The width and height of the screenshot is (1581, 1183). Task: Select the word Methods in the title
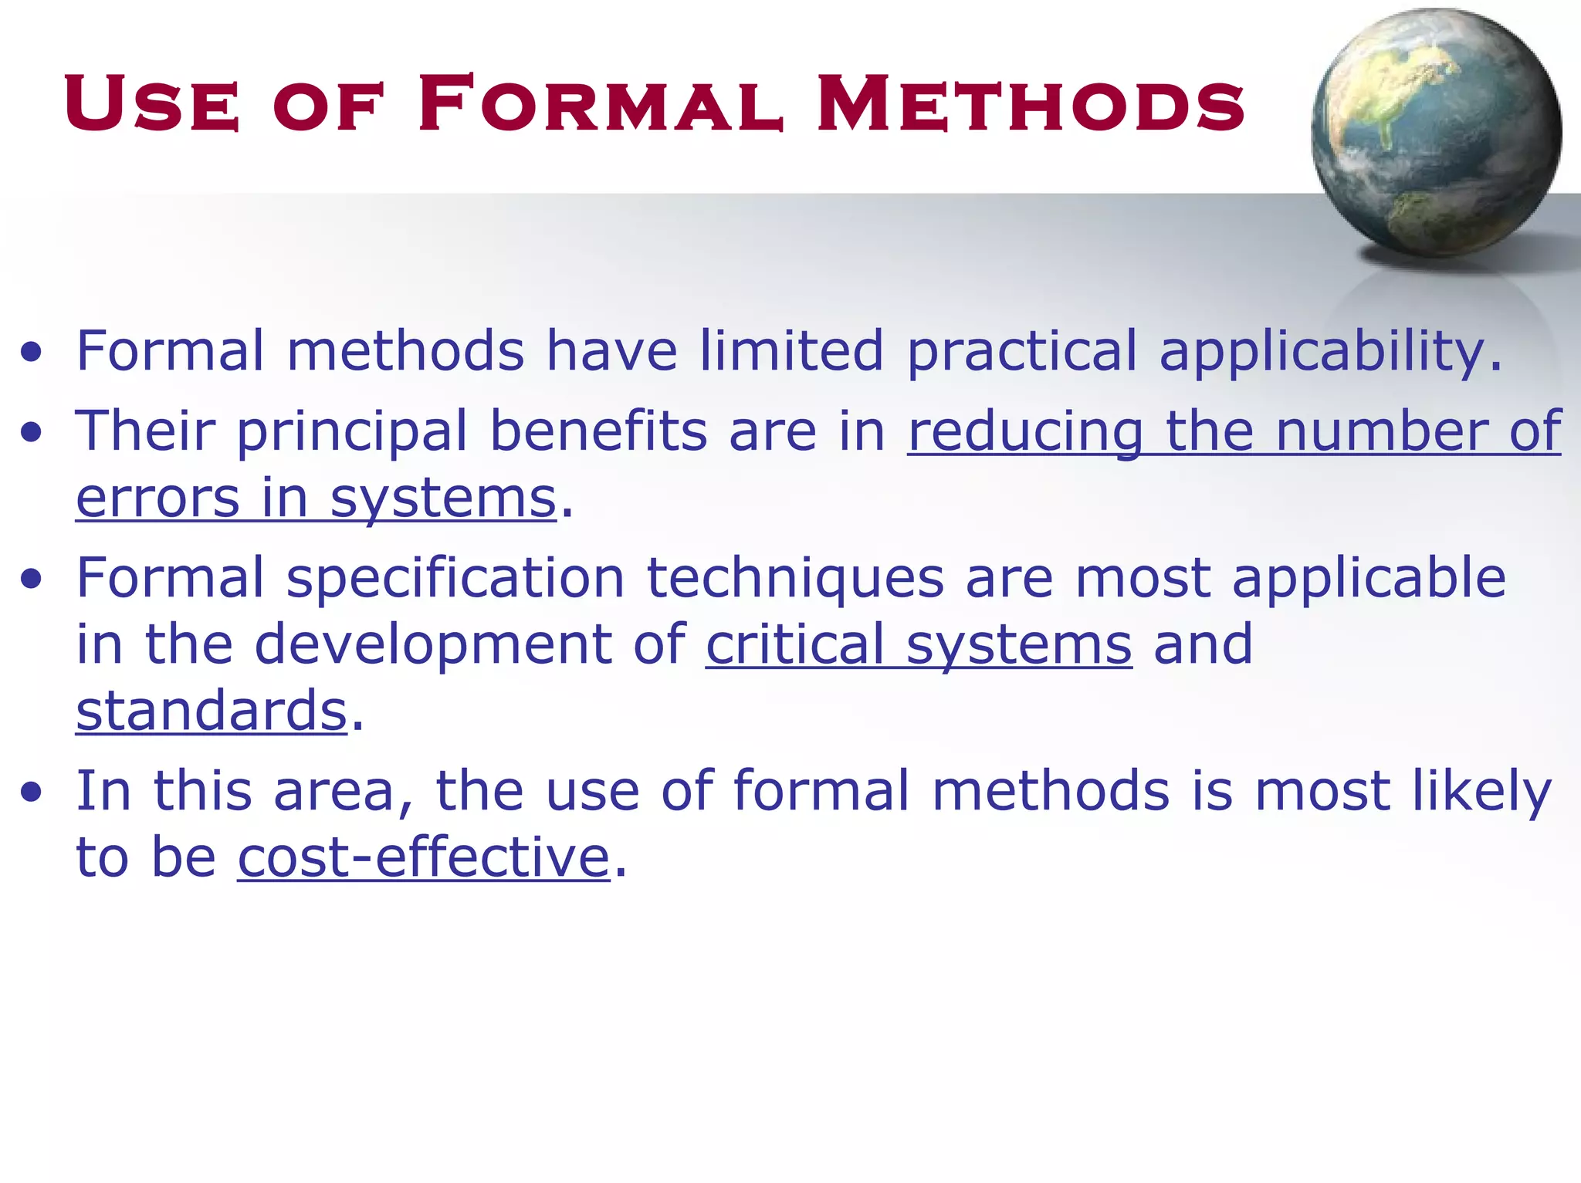[1031, 103]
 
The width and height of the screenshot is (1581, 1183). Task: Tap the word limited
[790, 351]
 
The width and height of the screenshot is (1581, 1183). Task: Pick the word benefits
[598, 431]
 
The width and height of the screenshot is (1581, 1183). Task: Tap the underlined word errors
[158, 499]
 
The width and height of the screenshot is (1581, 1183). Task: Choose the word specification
[455, 579]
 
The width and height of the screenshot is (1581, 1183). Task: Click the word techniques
[795, 579]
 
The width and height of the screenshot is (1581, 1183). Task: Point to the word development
[432, 645]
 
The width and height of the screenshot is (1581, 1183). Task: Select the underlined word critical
[794, 644]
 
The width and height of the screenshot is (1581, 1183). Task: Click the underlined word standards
[212, 710]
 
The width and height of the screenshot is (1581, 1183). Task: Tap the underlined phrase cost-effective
[424, 857]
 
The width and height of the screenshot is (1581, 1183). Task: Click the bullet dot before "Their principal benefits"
[32, 433]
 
